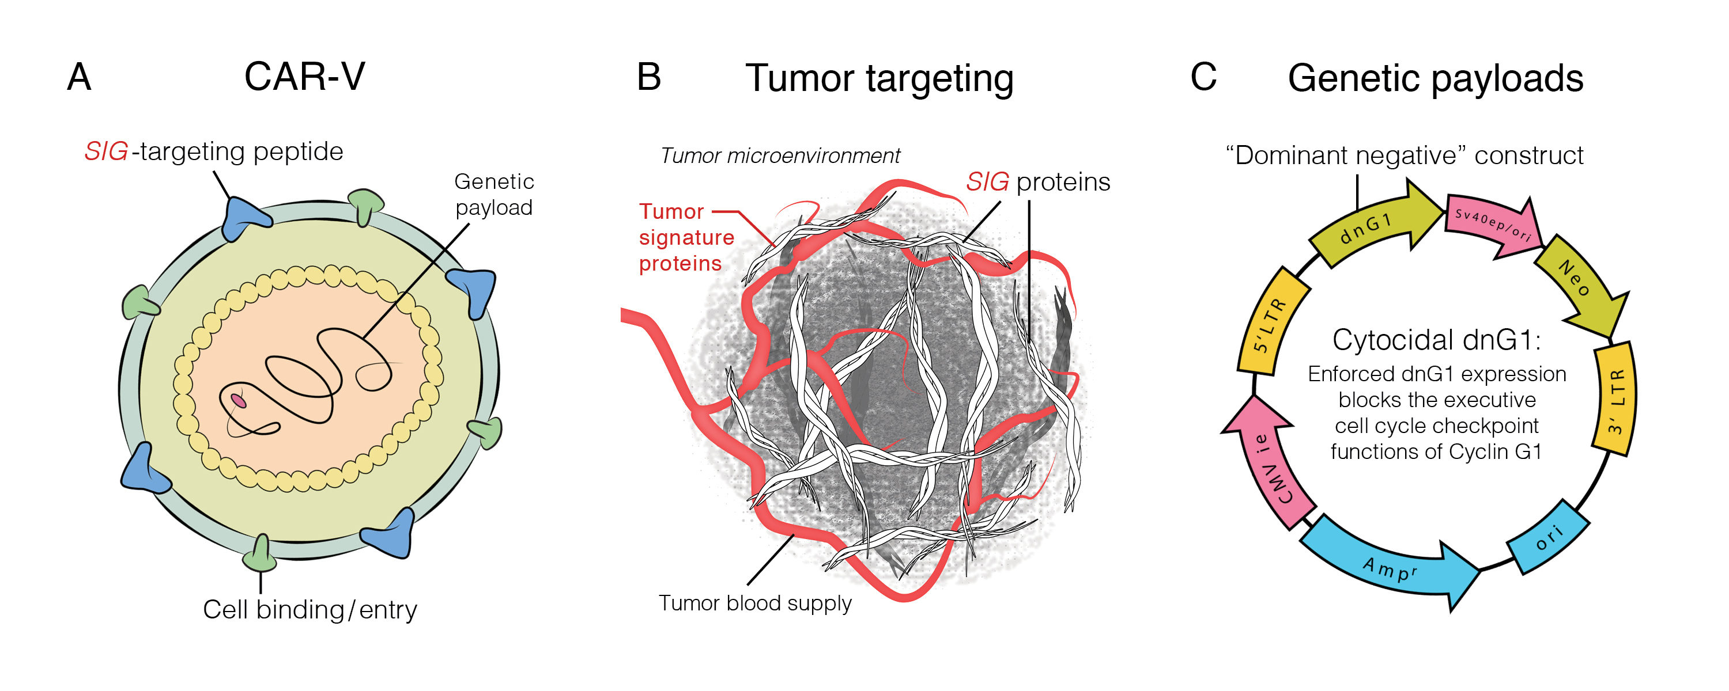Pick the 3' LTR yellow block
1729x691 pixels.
coord(1615,398)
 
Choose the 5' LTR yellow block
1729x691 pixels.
coord(1271,321)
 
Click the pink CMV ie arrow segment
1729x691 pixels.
coord(1266,463)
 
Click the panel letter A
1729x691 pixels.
coord(79,77)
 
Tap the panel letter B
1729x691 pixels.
coord(648,77)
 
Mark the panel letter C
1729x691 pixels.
coord(1203,77)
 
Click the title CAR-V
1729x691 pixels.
coord(305,77)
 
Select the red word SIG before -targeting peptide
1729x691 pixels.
coord(106,151)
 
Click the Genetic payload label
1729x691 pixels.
coord(494,195)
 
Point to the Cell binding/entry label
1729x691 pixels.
coord(310,610)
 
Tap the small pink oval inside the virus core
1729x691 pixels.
coord(238,401)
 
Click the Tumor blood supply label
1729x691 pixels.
coord(755,603)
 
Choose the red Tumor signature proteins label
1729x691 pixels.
coord(686,237)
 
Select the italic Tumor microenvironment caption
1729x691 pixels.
coord(780,155)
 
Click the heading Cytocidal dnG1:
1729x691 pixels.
coord(1436,340)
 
